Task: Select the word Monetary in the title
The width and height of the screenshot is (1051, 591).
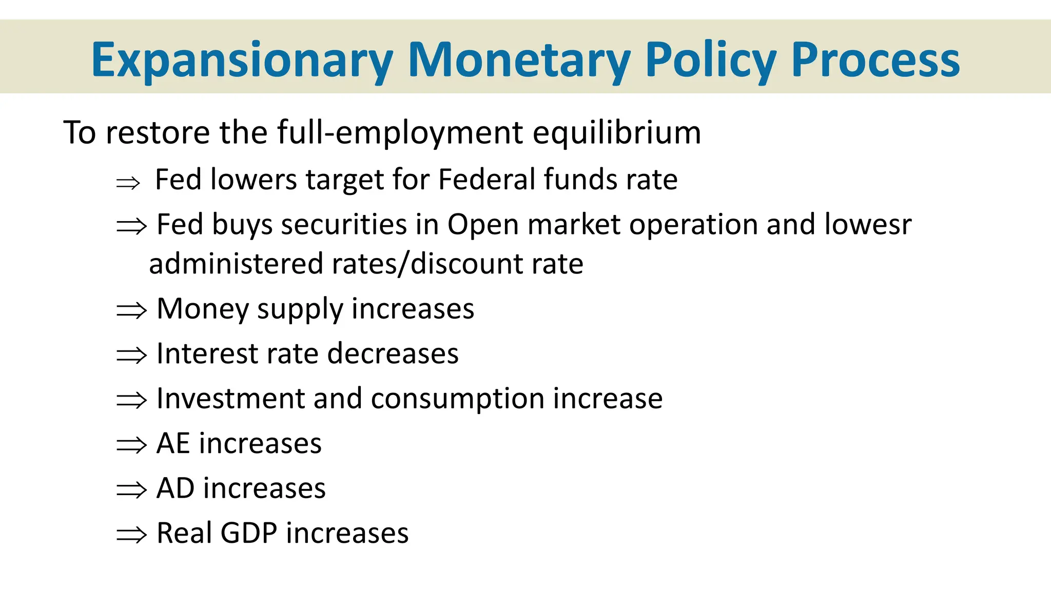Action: pyautogui.click(x=519, y=61)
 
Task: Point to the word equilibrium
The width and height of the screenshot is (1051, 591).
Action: pyautogui.click(x=616, y=132)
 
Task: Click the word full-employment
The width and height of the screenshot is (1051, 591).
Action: pyautogui.click(x=400, y=132)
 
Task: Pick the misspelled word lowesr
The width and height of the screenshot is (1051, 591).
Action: pyautogui.click(x=868, y=224)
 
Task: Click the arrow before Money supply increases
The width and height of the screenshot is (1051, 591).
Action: pyautogui.click(x=131, y=310)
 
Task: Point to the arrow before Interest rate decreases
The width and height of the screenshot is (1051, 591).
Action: pyautogui.click(x=131, y=355)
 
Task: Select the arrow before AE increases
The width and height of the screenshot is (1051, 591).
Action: pyautogui.click(x=131, y=445)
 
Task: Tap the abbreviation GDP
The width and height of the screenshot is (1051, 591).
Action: pyautogui.click(x=249, y=533)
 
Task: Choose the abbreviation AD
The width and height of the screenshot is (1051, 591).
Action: pyautogui.click(x=176, y=488)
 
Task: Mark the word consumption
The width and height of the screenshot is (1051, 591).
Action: pyautogui.click(x=458, y=399)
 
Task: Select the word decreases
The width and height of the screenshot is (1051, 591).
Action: pyautogui.click(x=393, y=353)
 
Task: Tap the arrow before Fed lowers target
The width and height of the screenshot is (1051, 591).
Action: pyautogui.click(x=128, y=183)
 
